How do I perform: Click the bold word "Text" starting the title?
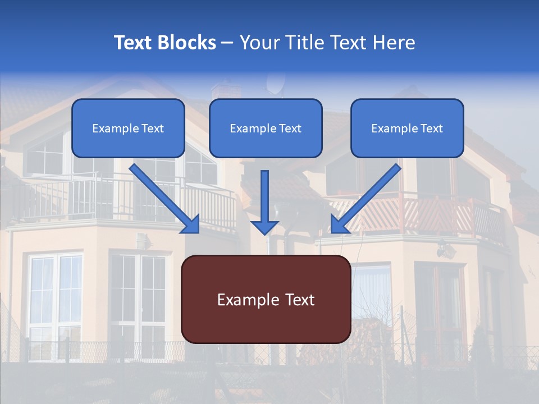coord(135,43)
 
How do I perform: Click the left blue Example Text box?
coord(128,128)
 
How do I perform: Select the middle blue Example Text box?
coord(266,128)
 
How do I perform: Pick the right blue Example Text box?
coord(407,128)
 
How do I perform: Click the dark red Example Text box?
coord(266,300)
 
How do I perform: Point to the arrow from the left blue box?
coord(165,199)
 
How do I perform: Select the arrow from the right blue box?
coord(366,199)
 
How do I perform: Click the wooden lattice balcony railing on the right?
coord(427,216)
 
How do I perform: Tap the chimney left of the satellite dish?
coord(226,90)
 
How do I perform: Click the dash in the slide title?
coord(227,43)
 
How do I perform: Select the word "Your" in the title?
coord(257,43)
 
